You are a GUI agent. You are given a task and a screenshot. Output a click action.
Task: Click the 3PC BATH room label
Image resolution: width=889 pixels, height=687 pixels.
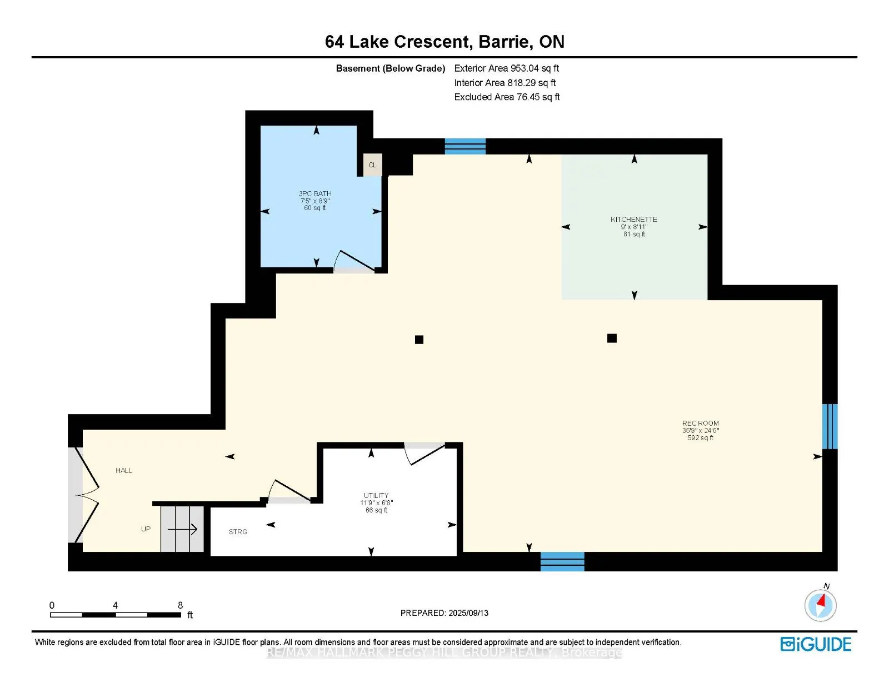click(314, 193)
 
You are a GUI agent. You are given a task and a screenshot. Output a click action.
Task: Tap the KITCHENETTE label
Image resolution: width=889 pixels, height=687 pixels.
click(633, 220)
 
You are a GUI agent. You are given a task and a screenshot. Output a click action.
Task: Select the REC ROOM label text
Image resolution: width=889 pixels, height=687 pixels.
click(700, 423)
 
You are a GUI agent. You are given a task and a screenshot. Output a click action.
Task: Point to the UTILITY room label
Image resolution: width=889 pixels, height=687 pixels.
click(376, 495)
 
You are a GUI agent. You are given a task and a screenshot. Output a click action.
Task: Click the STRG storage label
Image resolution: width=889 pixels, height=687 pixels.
click(238, 531)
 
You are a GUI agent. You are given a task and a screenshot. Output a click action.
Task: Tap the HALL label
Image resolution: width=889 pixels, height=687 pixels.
click(123, 470)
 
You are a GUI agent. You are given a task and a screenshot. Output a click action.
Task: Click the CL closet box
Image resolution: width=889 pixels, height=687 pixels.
click(372, 165)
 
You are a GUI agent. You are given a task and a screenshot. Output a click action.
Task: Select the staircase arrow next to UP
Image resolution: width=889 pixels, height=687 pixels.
click(182, 529)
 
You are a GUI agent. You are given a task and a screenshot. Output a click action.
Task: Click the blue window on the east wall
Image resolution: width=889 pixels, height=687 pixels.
click(830, 426)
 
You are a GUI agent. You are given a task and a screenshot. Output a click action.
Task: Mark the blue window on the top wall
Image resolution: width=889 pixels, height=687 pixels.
click(465, 147)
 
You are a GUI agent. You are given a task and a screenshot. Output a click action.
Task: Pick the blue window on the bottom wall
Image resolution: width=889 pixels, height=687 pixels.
click(562, 561)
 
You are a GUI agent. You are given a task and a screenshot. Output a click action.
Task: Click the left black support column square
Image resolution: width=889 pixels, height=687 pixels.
click(419, 339)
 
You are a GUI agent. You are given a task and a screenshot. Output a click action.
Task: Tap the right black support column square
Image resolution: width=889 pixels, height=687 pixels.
click(612, 338)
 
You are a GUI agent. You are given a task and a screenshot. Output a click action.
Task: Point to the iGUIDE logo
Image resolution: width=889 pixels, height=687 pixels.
click(815, 644)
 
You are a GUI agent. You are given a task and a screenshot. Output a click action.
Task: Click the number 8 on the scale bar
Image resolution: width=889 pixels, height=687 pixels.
click(180, 605)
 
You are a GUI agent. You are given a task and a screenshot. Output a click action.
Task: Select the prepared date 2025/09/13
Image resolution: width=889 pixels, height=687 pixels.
click(468, 613)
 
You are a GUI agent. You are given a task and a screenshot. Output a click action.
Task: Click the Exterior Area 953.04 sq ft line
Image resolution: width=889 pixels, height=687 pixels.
click(506, 68)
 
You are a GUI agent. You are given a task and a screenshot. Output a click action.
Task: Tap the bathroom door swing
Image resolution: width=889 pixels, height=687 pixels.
click(354, 261)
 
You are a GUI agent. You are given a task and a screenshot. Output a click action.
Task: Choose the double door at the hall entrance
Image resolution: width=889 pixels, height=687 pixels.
click(87, 495)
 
